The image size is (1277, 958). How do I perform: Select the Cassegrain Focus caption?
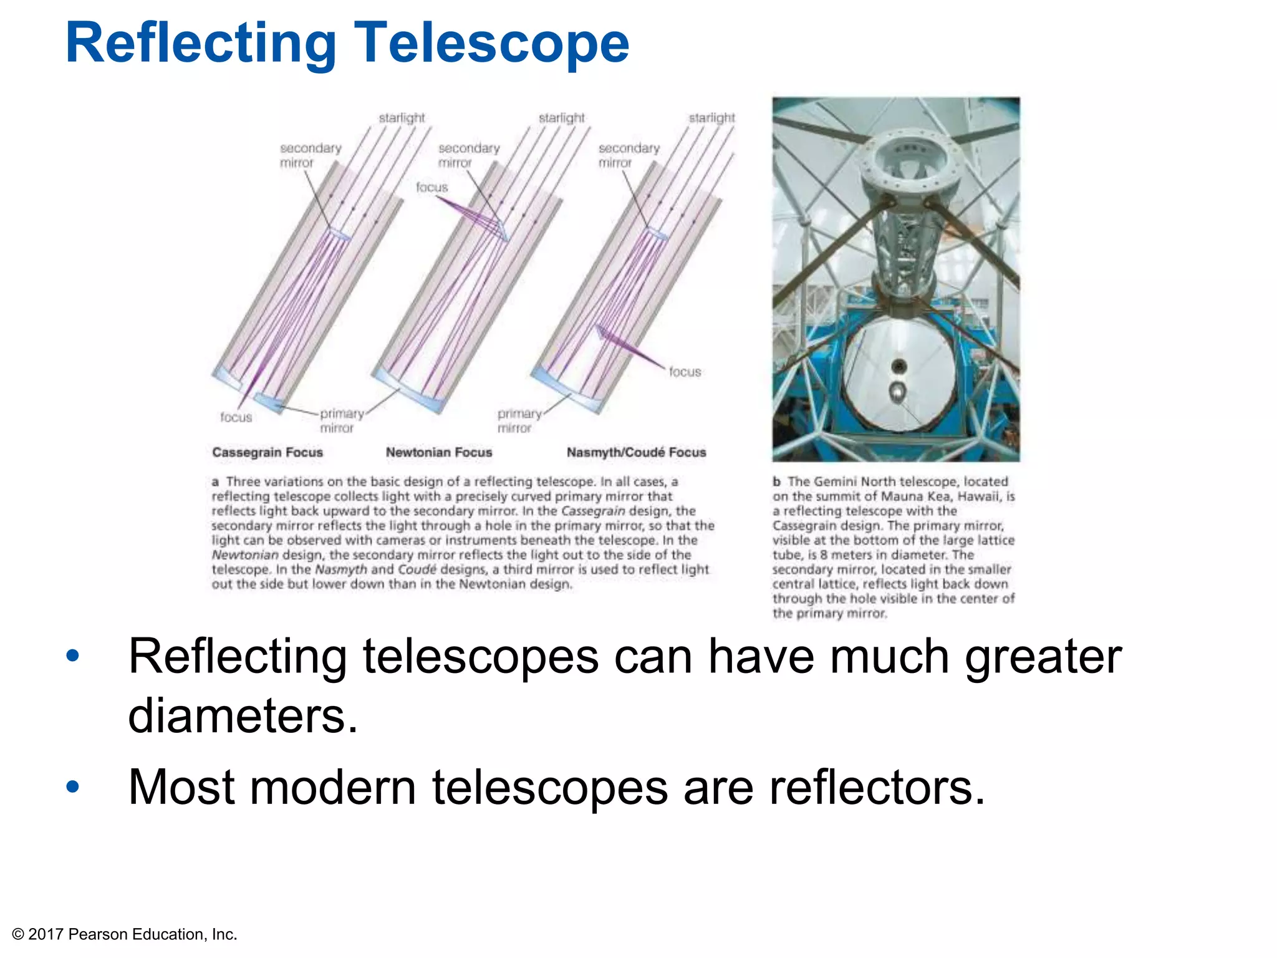click(267, 452)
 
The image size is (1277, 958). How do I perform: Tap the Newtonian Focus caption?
click(439, 452)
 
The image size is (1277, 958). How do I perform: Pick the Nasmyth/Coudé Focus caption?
click(636, 452)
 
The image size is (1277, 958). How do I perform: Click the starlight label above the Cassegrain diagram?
click(402, 118)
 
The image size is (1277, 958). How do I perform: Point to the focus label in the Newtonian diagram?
click(431, 187)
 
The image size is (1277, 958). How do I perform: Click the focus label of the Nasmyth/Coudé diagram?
click(685, 372)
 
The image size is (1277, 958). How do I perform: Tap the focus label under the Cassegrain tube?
click(236, 417)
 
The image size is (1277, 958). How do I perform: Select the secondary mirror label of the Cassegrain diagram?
click(310, 155)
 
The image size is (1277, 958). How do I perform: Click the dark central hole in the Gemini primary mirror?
click(899, 366)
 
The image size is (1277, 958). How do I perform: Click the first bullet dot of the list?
click(73, 656)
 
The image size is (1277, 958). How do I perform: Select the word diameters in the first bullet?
click(243, 715)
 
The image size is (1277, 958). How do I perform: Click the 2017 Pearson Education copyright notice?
click(125, 934)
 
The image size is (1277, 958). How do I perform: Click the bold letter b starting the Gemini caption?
click(777, 481)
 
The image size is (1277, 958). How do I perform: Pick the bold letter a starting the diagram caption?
click(215, 481)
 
